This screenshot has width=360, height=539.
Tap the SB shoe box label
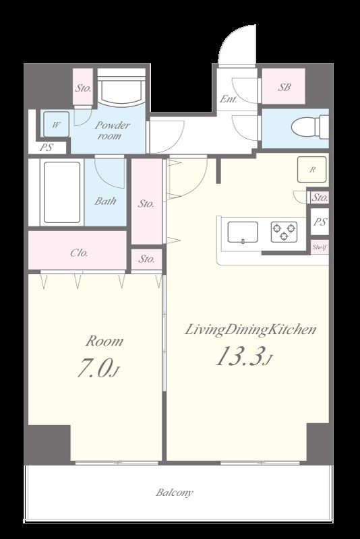tap(284, 88)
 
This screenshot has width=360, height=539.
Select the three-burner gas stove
tap(284, 232)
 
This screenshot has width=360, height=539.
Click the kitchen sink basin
tap(243, 232)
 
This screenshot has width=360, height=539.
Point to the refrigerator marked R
tap(312, 170)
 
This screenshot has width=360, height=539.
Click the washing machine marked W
tap(56, 124)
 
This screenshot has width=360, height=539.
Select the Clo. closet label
tap(79, 253)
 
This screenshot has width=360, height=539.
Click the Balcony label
tap(175, 493)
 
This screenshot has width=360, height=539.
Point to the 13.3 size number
tap(241, 356)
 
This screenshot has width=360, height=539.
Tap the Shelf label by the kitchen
tap(320, 247)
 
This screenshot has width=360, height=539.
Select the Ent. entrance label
tap(229, 99)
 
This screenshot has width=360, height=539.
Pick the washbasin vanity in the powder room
tap(121, 87)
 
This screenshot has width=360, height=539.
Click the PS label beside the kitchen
tap(320, 222)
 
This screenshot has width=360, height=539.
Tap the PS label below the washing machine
tap(47, 148)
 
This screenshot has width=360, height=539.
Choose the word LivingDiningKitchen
tap(250, 329)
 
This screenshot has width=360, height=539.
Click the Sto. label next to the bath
tap(146, 204)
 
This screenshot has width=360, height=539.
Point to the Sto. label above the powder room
tap(83, 88)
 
